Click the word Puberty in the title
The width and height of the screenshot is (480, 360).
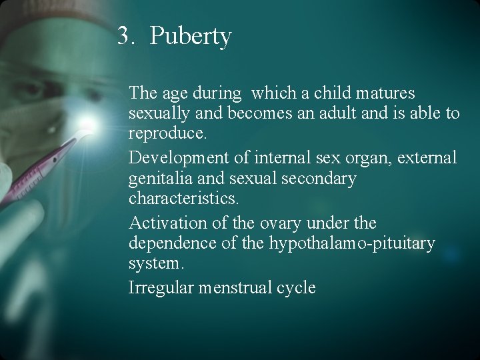[x=191, y=35]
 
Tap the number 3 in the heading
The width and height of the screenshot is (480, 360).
[x=123, y=35]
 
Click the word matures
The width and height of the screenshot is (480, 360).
[x=387, y=93]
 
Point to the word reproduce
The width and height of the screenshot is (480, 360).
[x=168, y=133]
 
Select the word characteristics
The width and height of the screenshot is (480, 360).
[x=183, y=199]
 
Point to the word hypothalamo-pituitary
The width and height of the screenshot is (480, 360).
[x=352, y=243]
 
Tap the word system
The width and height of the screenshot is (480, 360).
[x=155, y=264]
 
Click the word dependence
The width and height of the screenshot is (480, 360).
[x=173, y=243]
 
